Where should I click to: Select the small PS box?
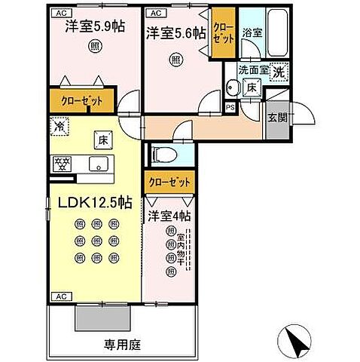click(x=230, y=108)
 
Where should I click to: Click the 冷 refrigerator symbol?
click(x=59, y=127)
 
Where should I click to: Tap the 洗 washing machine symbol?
click(x=278, y=72)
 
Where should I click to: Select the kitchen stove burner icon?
click(x=63, y=163)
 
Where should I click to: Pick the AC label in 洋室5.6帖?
click(x=155, y=13)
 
